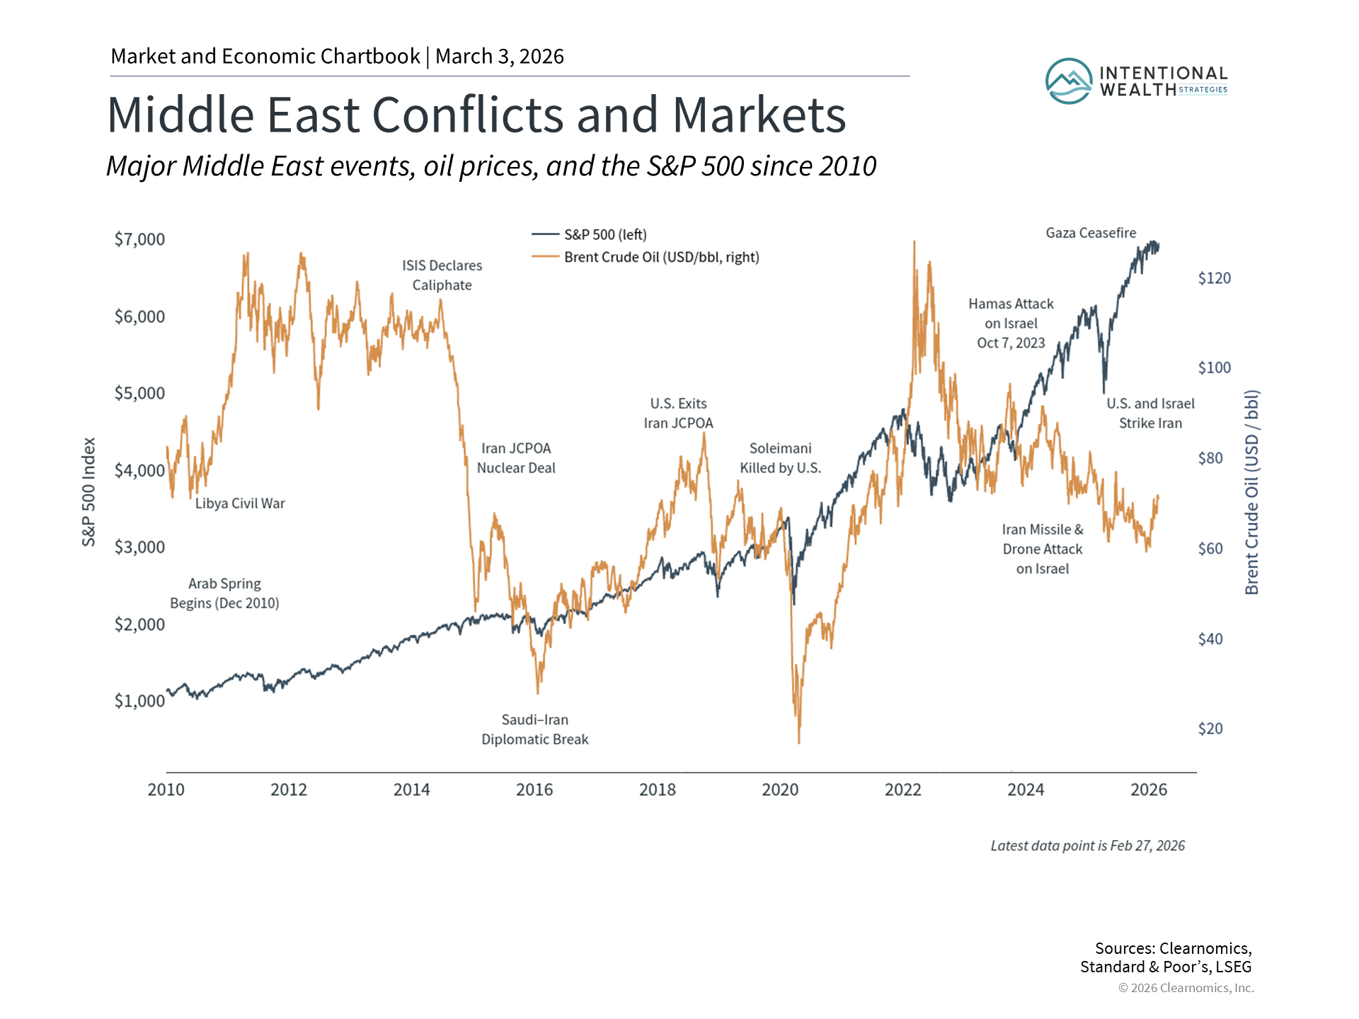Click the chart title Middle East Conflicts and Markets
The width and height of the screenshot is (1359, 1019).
[x=476, y=115]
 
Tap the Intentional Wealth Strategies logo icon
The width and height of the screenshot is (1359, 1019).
[x=1069, y=81]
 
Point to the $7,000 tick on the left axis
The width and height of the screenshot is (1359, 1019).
[x=139, y=239]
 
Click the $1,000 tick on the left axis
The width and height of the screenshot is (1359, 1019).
[x=139, y=701]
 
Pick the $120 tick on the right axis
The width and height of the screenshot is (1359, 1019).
[x=1214, y=278]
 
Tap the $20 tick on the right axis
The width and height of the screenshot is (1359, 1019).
[x=1210, y=729]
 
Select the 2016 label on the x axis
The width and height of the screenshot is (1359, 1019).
[x=534, y=790]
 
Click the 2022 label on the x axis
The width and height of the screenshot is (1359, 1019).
[x=902, y=790]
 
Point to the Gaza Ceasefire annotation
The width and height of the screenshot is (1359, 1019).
[x=1091, y=233]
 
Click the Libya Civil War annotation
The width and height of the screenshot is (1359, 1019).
[x=240, y=503]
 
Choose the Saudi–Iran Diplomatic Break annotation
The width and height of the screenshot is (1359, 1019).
[x=535, y=730]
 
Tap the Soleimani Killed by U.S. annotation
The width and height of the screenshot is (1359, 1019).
[x=780, y=458]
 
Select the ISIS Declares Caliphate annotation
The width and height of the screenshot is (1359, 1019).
[x=442, y=275]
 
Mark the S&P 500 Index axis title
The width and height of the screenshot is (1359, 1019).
[x=88, y=492]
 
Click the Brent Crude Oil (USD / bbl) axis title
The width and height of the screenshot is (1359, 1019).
[x=1251, y=492]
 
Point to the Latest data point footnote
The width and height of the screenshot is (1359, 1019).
[x=1087, y=846]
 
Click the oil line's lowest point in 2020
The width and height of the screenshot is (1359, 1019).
[x=799, y=742]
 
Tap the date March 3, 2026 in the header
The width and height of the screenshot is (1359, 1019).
[x=500, y=57]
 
